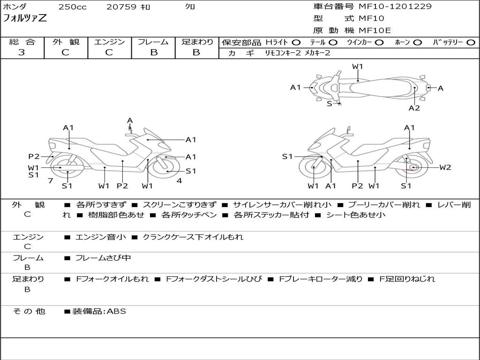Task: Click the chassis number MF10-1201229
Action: pyautogui.click(x=395, y=7)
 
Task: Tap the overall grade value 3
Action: pyautogui.click(x=22, y=52)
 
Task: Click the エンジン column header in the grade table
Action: pyautogui.click(x=109, y=42)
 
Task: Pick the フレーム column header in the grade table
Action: pyautogui.click(x=153, y=42)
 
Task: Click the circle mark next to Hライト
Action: pyautogui.click(x=296, y=43)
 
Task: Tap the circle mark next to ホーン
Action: pyautogui.click(x=418, y=43)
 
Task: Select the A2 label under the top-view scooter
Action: pyautogui.click(x=414, y=108)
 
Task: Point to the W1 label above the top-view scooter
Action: pyautogui.click(x=358, y=67)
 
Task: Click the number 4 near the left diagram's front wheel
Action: pyautogui.click(x=179, y=181)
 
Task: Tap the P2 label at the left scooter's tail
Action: pyautogui.click(x=34, y=157)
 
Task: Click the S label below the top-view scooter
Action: pyautogui.click(x=330, y=104)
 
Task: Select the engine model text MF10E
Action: pyautogui.click(x=375, y=30)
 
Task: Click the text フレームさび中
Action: pyautogui.click(x=103, y=258)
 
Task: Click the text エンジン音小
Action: pyautogui.click(x=100, y=237)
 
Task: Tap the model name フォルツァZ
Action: pyautogui.click(x=25, y=19)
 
